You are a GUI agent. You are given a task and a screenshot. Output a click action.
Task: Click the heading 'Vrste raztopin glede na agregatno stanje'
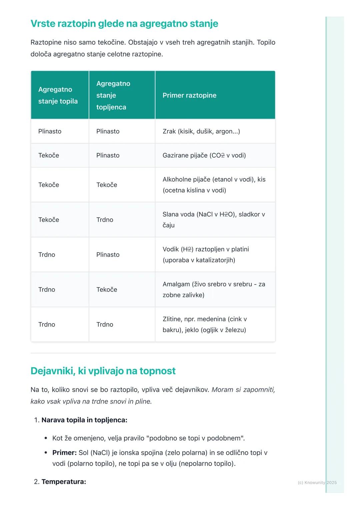point(124,24)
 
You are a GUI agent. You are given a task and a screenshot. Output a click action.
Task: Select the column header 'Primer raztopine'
point(189,95)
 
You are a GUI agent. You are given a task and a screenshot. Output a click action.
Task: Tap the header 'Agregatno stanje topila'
point(58,95)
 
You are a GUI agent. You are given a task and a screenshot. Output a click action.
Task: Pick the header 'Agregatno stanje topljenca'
point(113,95)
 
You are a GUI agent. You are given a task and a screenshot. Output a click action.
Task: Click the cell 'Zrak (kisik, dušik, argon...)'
point(201,131)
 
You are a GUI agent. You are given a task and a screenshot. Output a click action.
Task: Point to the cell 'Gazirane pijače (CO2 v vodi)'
point(204,155)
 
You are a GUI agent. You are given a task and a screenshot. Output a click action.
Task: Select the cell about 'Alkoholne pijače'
point(214,185)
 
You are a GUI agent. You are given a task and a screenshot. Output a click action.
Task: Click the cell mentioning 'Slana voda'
point(213,220)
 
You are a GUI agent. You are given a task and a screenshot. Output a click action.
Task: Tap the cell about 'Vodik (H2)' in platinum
point(206,254)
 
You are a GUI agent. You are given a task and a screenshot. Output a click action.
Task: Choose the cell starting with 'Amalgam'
point(214,289)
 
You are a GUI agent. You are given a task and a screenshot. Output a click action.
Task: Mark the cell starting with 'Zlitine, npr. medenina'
point(204,324)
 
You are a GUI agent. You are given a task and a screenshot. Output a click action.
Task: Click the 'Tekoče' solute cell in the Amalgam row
point(107,289)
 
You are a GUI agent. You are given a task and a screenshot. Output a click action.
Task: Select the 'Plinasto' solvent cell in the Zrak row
point(50,131)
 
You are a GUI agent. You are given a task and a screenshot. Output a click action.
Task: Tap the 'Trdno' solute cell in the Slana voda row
point(105,220)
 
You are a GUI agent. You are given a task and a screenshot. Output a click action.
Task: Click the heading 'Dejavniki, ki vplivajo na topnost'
point(103,371)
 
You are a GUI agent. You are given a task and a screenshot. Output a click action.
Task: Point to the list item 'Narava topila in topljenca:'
point(84,420)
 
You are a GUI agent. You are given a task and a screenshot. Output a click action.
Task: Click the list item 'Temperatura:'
point(64,482)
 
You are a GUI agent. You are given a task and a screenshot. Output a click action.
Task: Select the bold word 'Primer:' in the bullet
point(64,453)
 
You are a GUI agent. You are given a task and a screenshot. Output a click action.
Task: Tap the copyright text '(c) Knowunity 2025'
point(317,482)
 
